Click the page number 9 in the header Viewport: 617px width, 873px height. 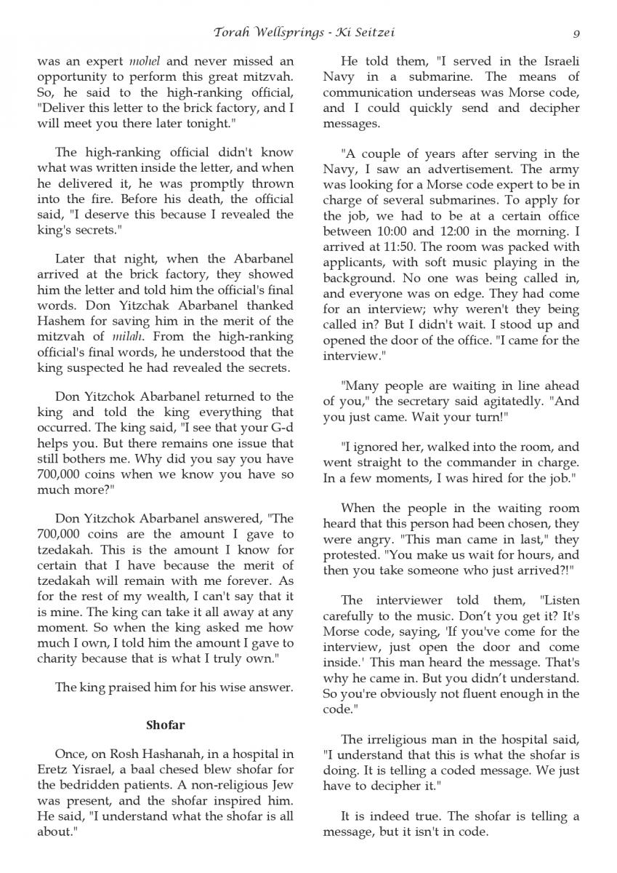576,33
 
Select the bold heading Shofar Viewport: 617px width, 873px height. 166,725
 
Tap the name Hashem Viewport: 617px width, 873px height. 59,321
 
